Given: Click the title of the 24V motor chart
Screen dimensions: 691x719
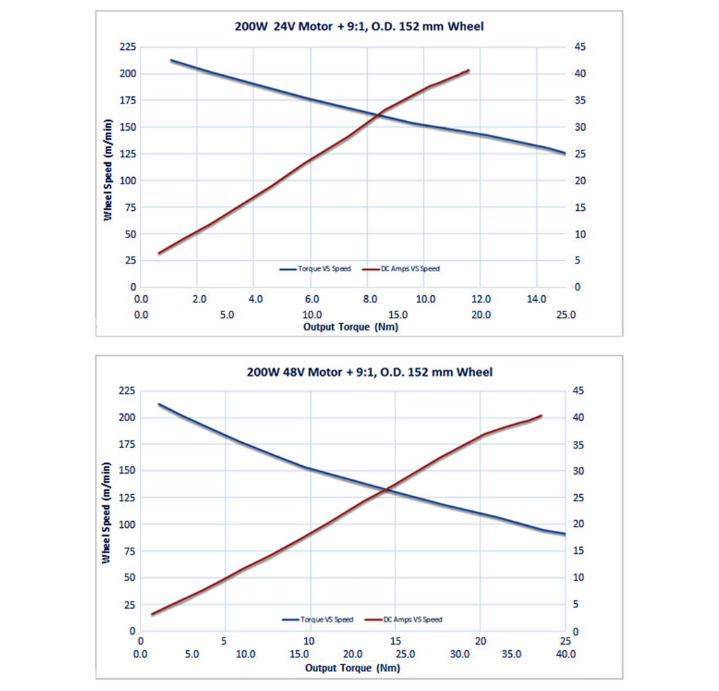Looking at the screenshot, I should (x=359, y=27).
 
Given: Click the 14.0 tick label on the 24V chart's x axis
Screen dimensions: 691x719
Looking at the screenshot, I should (x=536, y=299).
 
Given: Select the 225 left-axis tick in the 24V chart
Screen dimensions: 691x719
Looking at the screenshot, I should (x=128, y=46).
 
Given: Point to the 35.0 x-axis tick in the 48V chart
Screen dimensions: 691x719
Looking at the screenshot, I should (x=512, y=654).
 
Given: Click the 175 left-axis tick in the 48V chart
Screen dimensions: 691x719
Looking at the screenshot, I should (x=127, y=444).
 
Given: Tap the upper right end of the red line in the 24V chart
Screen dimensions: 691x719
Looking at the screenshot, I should (x=468, y=70).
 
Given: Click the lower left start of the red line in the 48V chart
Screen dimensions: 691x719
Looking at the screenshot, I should (x=152, y=614).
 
